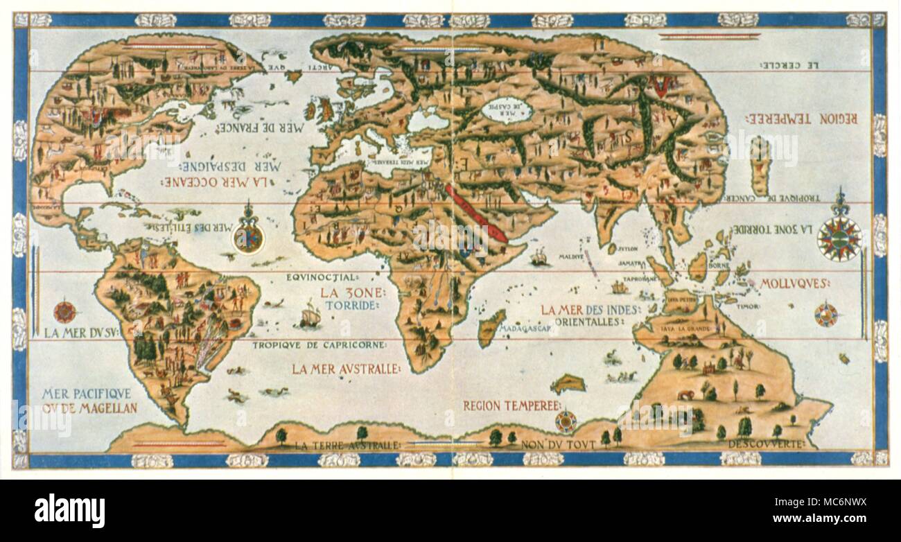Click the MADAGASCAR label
coord(528,329)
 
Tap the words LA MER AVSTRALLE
coord(345,369)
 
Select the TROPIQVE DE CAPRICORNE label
coord(320,344)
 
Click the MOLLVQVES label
coord(795,283)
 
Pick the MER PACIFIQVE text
coord(86,394)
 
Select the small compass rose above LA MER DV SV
coord(64,312)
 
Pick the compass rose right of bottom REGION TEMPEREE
coord(566,421)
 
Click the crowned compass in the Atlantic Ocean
coord(249,236)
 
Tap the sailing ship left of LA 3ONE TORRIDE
coord(309,317)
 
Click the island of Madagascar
coord(491,327)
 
